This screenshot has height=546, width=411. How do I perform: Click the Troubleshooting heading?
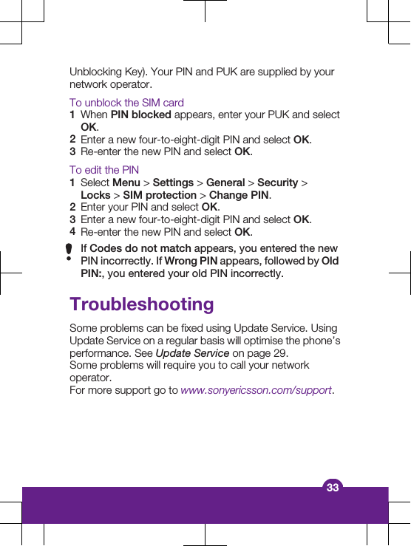[141, 304]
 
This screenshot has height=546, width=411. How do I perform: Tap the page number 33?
[333, 488]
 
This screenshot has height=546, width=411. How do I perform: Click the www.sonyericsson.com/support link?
[257, 390]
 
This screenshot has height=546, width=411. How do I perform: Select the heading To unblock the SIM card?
[126, 103]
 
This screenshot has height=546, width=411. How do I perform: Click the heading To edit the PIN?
[104, 170]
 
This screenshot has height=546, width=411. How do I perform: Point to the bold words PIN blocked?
[140, 115]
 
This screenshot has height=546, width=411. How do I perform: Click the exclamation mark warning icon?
[69, 253]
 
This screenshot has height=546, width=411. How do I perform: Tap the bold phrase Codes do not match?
[140, 249]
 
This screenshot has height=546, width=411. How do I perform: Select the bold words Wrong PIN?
[191, 262]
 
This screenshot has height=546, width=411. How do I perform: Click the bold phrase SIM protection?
[160, 195]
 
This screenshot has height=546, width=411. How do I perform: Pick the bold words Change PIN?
[239, 195]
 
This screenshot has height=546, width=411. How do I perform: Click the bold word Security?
[278, 182]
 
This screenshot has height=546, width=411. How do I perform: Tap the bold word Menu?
[126, 182]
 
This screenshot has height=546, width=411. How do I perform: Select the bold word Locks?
[96, 195]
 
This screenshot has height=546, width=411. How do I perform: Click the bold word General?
[225, 182]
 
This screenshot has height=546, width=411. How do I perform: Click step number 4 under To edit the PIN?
[72, 232]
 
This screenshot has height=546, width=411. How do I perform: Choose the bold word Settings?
[173, 182]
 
